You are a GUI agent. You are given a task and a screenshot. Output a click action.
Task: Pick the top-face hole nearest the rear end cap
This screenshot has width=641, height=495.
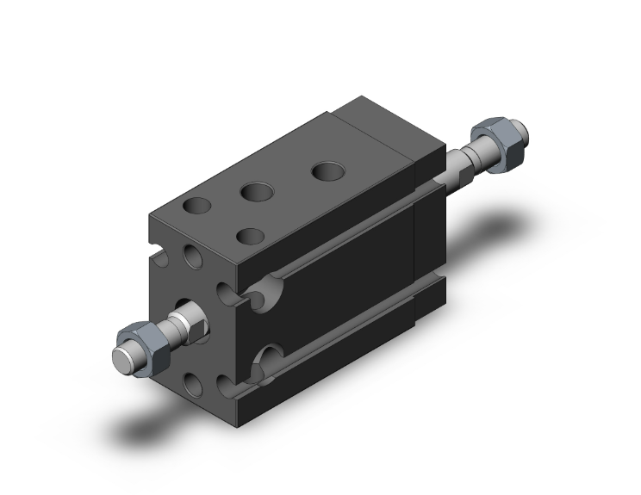pyautogui.click(x=327, y=170)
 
